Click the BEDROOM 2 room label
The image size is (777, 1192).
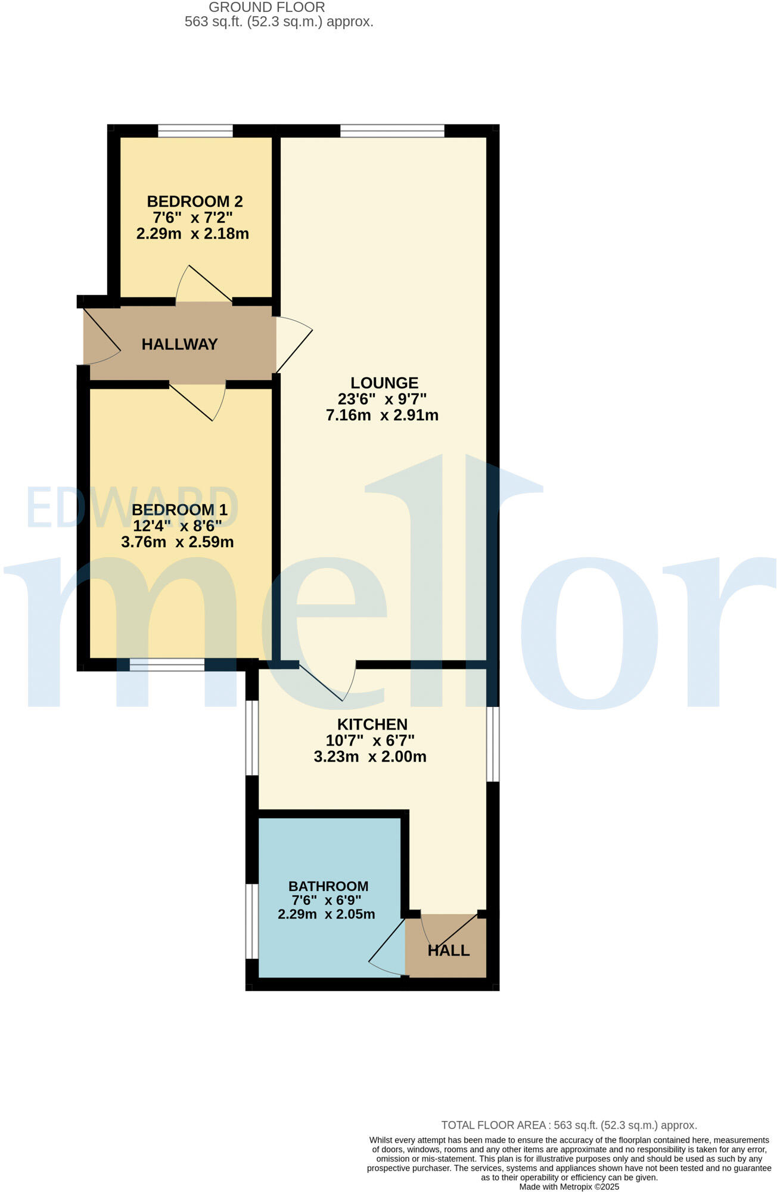pyautogui.click(x=195, y=201)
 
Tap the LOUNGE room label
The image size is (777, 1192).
pyautogui.click(x=384, y=383)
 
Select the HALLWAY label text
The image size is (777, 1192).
pyautogui.click(x=179, y=344)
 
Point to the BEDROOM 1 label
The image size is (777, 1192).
pyautogui.click(x=179, y=510)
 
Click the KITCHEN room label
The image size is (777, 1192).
pyautogui.click(x=372, y=724)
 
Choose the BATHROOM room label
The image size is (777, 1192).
pyautogui.click(x=328, y=886)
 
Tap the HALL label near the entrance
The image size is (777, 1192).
pyautogui.click(x=449, y=951)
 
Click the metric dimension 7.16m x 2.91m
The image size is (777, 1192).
pyautogui.click(x=382, y=415)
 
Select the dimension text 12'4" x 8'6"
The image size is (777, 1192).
pyautogui.click(x=178, y=526)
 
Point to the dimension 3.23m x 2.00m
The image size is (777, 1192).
pyautogui.click(x=370, y=757)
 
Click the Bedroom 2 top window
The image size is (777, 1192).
pyautogui.click(x=195, y=131)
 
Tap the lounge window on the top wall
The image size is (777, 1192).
pyautogui.click(x=392, y=131)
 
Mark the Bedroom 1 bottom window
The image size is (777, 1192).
pyautogui.click(x=167, y=665)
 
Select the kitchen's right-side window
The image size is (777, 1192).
pyautogui.click(x=493, y=744)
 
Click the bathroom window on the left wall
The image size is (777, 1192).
pyautogui.click(x=252, y=921)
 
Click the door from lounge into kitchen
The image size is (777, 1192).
pyautogui.click(x=327, y=681)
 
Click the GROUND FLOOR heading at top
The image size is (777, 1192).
pyautogui.click(x=267, y=8)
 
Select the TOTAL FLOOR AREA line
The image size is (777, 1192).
pyautogui.click(x=569, y=1125)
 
